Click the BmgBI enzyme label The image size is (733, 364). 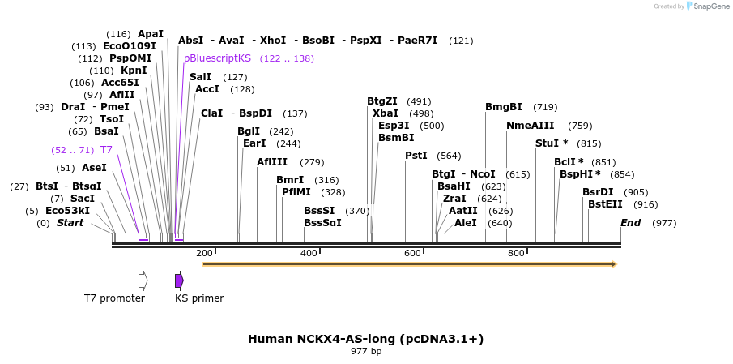click(x=503, y=107)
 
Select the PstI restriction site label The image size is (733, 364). click(x=416, y=156)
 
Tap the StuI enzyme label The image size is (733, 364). click(x=548, y=143)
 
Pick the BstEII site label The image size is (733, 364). click(x=605, y=204)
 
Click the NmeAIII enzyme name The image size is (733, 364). click(x=530, y=126)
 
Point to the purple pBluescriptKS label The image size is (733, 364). click(x=217, y=58)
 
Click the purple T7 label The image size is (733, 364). click(x=106, y=150)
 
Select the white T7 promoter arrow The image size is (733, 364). click(x=143, y=280)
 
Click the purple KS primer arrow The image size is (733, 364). click(x=179, y=280)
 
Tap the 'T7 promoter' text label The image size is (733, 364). click(x=114, y=298)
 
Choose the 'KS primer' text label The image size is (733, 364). click(x=199, y=298)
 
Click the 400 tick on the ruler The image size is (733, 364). click(x=309, y=254)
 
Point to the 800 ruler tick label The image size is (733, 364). click(x=516, y=254)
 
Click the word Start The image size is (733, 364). click(x=70, y=223)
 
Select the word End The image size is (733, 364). click(x=630, y=223)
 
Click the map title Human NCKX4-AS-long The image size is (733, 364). click(x=365, y=338)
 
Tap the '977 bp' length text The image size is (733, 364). click(x=366, y=352)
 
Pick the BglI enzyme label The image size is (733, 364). click(x=249, y=131)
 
